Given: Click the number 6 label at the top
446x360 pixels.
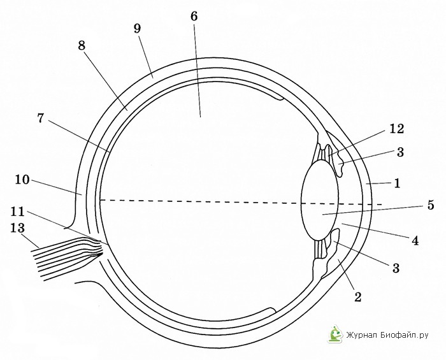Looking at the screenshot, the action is [194, 17].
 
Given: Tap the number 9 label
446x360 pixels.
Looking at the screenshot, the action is [138, 29].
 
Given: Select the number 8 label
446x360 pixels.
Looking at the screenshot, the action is [82, 45].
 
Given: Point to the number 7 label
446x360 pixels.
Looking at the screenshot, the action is [41, 118].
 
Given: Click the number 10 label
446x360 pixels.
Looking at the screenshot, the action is [22, 180].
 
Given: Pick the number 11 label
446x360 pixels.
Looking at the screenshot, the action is [18, 212].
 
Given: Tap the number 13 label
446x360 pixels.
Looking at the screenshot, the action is [18, 228].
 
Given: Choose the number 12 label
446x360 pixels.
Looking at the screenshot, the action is [396, 129].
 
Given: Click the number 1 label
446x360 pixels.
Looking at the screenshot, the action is [398, 183].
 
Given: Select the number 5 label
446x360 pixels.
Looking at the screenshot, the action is [431, 205].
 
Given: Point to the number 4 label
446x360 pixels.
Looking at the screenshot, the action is [415, 241].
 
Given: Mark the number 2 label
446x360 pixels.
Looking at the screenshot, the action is [357, 297].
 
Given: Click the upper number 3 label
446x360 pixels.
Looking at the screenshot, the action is [400, 152].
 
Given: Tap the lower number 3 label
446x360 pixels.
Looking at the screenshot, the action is [396, 268].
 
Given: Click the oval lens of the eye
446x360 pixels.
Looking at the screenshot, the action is [320, 201].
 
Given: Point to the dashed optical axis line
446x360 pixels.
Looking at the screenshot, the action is [241, 202].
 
